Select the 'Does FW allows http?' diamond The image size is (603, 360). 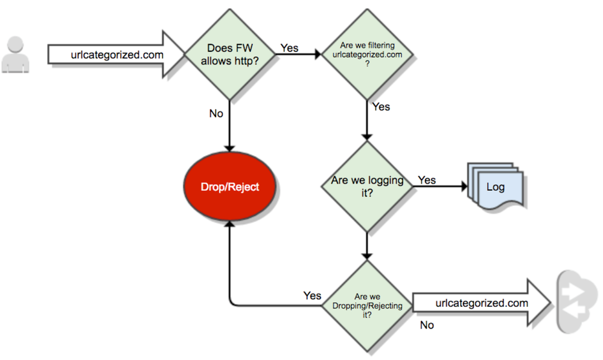pyautogui.click(x=229, y=54)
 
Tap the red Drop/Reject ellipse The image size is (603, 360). pyautogui.click(x=229, y=186)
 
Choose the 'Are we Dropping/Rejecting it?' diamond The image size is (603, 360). pyautogui.click(x=367, y=305)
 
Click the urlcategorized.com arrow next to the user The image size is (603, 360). pyautogui.click(x=115, y=55)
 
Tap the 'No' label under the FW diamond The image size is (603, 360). pyautogui.click(x=216, y=114)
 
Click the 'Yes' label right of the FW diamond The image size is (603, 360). pyautogui.click(x=289, y=48)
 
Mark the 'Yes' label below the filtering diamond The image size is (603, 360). pyautogui.click(x=381, y=107)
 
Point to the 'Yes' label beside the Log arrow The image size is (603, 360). pyautogui.click(x=427, y=180)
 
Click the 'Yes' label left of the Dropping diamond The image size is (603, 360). pyautogui.click(x=312, y=295)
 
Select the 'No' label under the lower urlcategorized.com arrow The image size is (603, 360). pyautogui.click(x=427, y=325)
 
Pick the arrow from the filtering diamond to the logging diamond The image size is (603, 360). pyautogui.click(x=367, y=121)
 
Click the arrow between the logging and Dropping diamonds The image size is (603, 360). pyautogui.click(x=367, y=246)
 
